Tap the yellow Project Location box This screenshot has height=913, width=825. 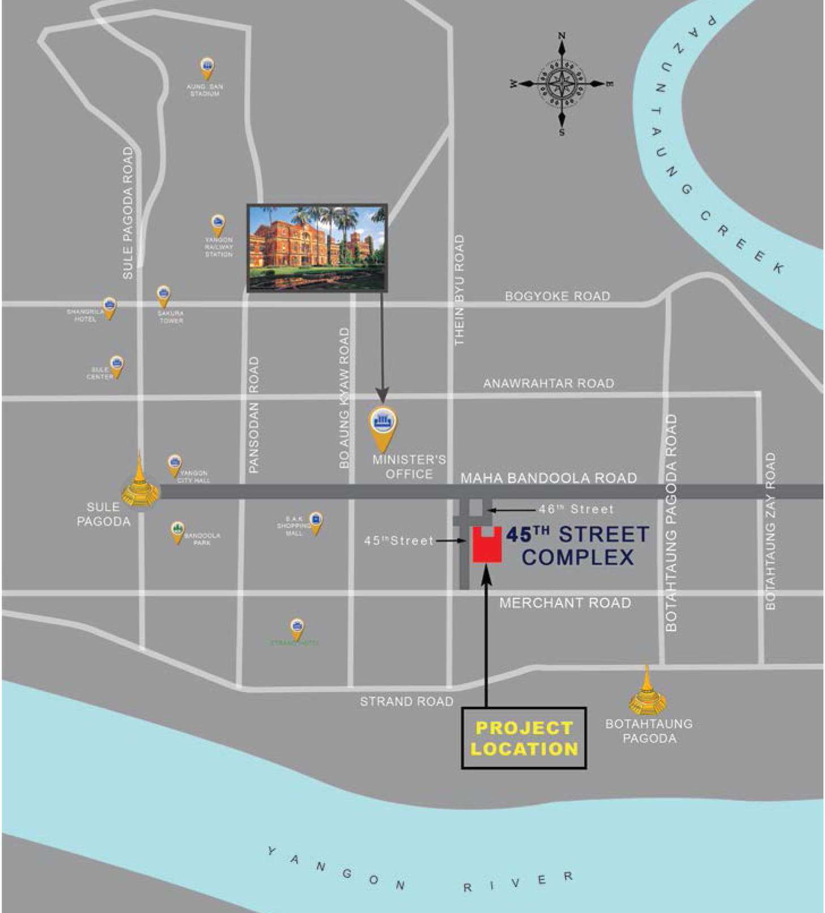[x=524, y=738]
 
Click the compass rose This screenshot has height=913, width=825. [x=562, y=84]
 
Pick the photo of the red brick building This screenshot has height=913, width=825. [x=317, y=248]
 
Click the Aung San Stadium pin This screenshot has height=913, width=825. [x=207, y=68]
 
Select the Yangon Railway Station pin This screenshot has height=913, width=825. [x=218, y=225]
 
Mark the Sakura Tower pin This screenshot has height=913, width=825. [x=163, y=295]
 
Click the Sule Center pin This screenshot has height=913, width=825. [x=117, y=365]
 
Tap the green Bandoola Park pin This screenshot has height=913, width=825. [x=178, y=531]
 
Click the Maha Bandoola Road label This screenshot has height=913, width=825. [x=548, y=478]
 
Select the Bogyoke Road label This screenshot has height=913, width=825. [x=558, y=296]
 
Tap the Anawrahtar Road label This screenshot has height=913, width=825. [x=548, y=383]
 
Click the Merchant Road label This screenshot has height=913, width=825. [x=565, y=603]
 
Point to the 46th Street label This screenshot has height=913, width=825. [x=576, y=509]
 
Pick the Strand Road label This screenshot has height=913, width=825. [x=407, y=701]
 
